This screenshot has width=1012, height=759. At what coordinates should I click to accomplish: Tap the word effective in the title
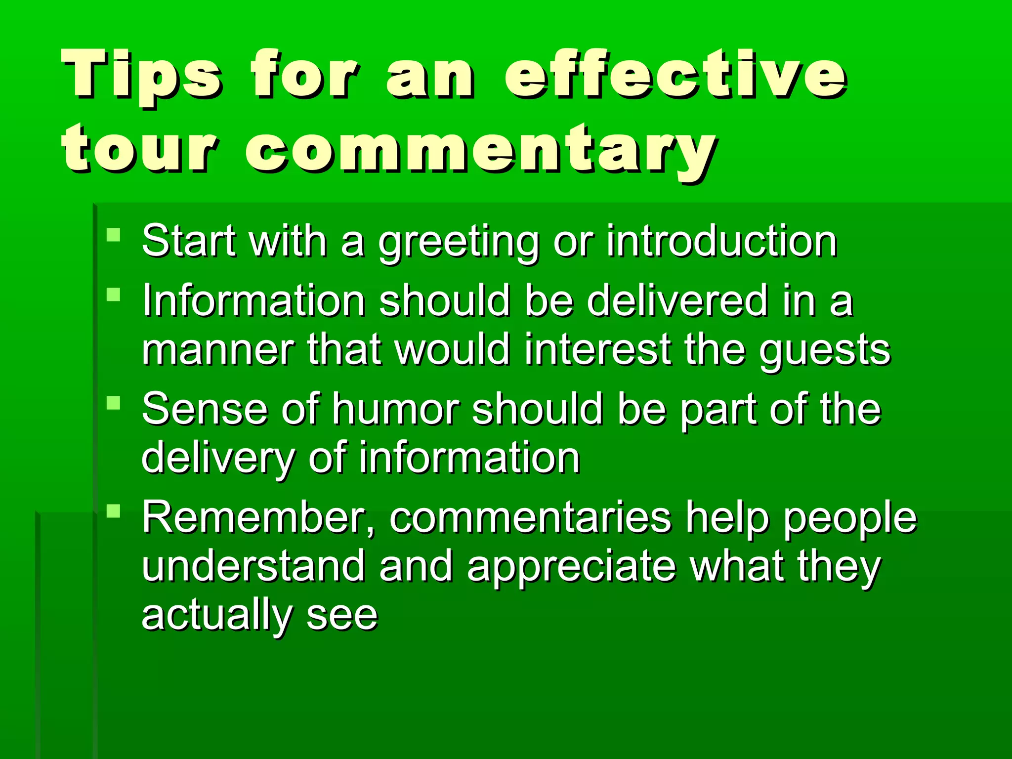pyautogui.click(x=675, y=74)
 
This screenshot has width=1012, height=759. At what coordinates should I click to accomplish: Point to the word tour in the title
pyautogui.click(x=139, y=148)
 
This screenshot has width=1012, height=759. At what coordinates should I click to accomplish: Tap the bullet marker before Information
pyautogui.click(x=114, y=295)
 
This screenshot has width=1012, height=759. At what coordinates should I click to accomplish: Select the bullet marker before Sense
pyautogui.click(x=114, y=403)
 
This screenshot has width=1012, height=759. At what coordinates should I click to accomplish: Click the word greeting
pyautogui.click(x=459, y=242)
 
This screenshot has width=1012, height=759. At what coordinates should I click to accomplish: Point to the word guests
pyautogui.click(x=825, y=351)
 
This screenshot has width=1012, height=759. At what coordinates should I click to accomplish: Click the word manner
pyautogui.click(x=218, y=350)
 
